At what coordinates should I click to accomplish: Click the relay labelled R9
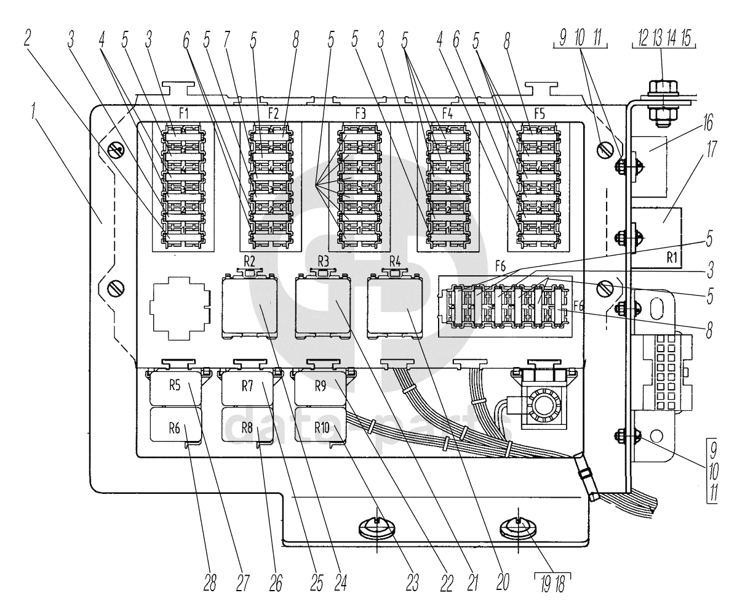(320, 387)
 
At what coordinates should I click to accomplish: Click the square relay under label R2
(249, 306)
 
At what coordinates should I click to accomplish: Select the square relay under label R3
(322, 306)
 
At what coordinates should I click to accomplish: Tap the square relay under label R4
(394, 306)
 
